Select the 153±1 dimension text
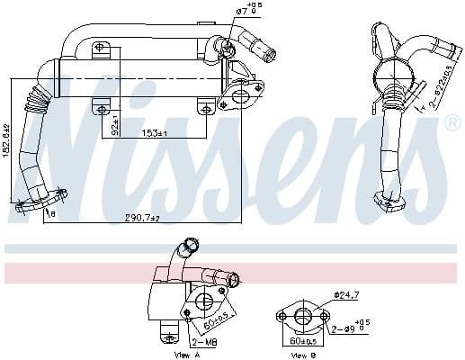[153, 133]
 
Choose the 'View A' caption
[186, 355]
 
